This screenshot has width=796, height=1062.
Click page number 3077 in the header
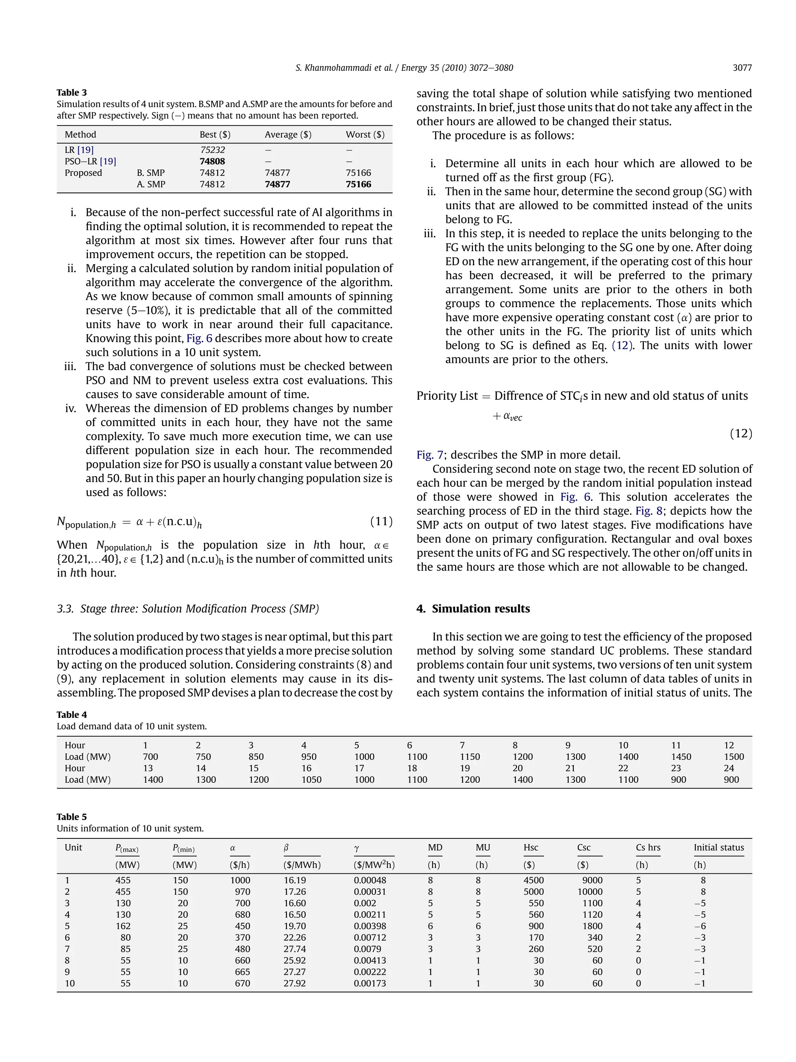tap(742, 68)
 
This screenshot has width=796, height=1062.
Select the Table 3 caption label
tap(72, 93)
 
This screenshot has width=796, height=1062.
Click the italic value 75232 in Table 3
tap(213, 150)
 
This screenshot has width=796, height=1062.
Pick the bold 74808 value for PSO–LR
tap(212, 161)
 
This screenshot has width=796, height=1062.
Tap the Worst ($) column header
tap(365, 135)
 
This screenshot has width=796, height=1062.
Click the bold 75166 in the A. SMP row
tap(358, 184)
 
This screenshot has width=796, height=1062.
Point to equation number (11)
tap(381, 521)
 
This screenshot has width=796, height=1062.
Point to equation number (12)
tap(741, 434)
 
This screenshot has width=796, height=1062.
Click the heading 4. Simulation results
tap(473, 609)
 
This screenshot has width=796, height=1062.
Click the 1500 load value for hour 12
tap(734, 757)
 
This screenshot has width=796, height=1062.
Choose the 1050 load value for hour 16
tap(311, 780)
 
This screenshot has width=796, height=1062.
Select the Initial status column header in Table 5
tap(718, 847)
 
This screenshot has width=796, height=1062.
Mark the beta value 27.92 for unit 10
tap(295, 983)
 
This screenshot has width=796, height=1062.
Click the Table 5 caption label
tap(72, 817)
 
